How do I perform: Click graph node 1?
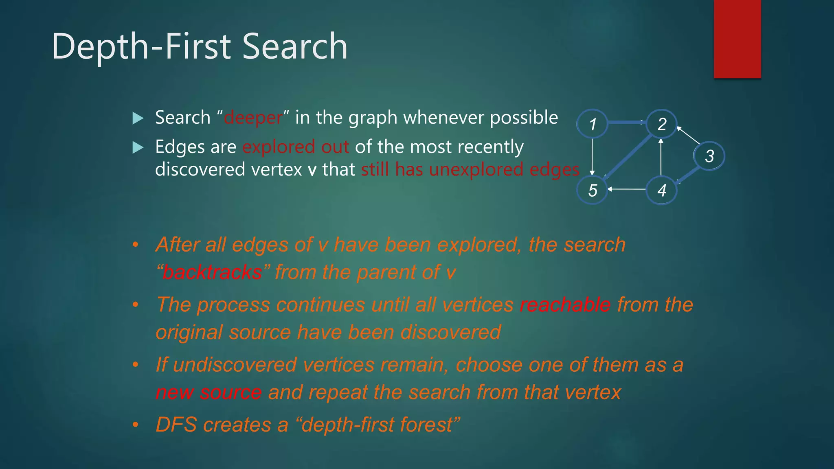[593, 124]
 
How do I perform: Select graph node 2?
[662, 124]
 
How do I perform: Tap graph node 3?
[709, 156]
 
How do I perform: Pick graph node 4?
[662, 190]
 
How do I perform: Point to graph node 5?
[593, 190]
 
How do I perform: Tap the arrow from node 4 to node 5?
[627, 189]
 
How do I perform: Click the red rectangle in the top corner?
[737, 39]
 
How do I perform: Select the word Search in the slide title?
[295, 46]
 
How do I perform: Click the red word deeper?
[253, 118]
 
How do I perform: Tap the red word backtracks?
[212, 272]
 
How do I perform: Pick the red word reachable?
[565, 305]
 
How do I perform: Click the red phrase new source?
[208, 392]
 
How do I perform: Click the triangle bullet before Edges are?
[138, 147]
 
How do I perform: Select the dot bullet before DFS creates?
[136, 425]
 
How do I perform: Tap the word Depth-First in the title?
[141, 46]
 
